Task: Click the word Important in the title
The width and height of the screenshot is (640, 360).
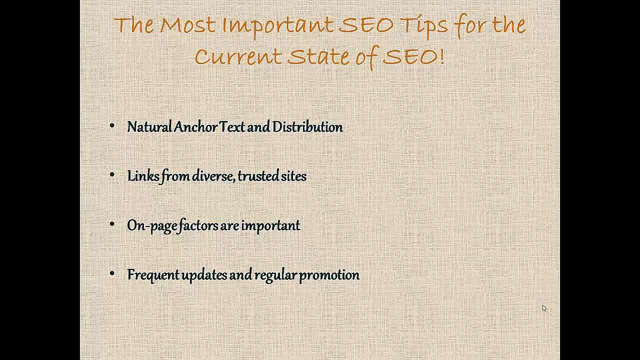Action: click(x=278, y=25)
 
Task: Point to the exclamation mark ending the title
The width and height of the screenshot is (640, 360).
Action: click(x=442, y=56)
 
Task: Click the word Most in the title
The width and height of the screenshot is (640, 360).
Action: click(x=188, y=25)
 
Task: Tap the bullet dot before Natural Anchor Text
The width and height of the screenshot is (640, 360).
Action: click(x=112, y=126)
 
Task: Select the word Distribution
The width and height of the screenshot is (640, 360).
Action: click(x=307, y=127)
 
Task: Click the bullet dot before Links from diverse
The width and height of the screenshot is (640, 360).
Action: click(x=112, y=175)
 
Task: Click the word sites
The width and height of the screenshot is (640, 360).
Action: click(x=293, y=176)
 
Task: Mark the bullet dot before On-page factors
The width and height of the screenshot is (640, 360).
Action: click(x=112, y=225)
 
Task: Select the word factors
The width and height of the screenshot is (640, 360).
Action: click(x=198, y=225)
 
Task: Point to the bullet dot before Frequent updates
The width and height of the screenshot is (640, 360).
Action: click(x=112, y=274)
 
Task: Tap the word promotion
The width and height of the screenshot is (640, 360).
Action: click(x=329, y=275)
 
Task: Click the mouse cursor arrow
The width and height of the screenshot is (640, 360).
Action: click(x=544, y=308)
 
